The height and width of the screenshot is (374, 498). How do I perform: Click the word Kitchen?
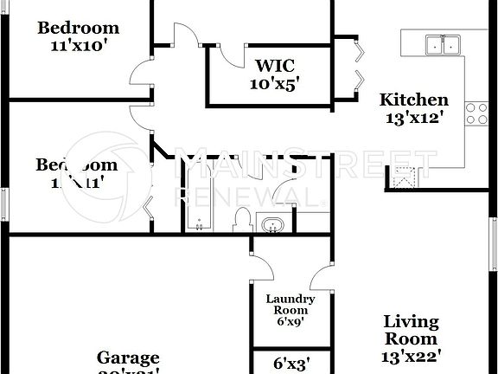[414, 100]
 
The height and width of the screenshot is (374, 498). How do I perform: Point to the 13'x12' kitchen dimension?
[414, 118]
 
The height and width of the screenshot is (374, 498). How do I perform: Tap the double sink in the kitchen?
[442, 44]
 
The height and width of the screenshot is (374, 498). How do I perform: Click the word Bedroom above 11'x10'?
[77, 28]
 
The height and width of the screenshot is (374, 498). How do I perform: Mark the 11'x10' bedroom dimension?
[77, 46]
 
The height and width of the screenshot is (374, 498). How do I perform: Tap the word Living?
[411, 322]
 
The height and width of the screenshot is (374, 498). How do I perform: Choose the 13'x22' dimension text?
[412, 355]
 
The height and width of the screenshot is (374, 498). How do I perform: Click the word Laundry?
[290, 300]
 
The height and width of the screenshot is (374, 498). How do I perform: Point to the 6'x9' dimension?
[290, 320]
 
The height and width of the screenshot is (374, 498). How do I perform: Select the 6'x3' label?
[291, 364]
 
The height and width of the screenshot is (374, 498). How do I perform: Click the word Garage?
[128, 358]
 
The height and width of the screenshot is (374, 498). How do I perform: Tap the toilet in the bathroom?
[244, 218]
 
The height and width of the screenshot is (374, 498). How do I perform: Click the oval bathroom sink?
[271, 225]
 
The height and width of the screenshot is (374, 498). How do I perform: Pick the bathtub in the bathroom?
[200, 203]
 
